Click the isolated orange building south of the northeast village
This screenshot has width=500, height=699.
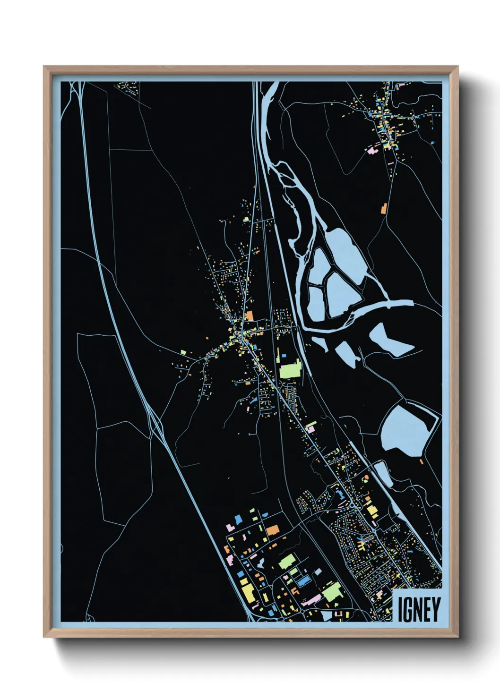(384, 207)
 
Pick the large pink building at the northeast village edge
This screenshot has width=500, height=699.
(371, 151)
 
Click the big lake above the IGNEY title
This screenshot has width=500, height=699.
(405, 430)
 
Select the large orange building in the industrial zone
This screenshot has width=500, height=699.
(273, 530)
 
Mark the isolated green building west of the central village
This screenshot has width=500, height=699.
(183, 352)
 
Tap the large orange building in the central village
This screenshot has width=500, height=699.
(249, 315)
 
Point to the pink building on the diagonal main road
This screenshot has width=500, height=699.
(310, 428)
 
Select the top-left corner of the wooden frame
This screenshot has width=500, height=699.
(44, 67)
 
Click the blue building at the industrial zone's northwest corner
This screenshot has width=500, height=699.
(239, 519)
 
